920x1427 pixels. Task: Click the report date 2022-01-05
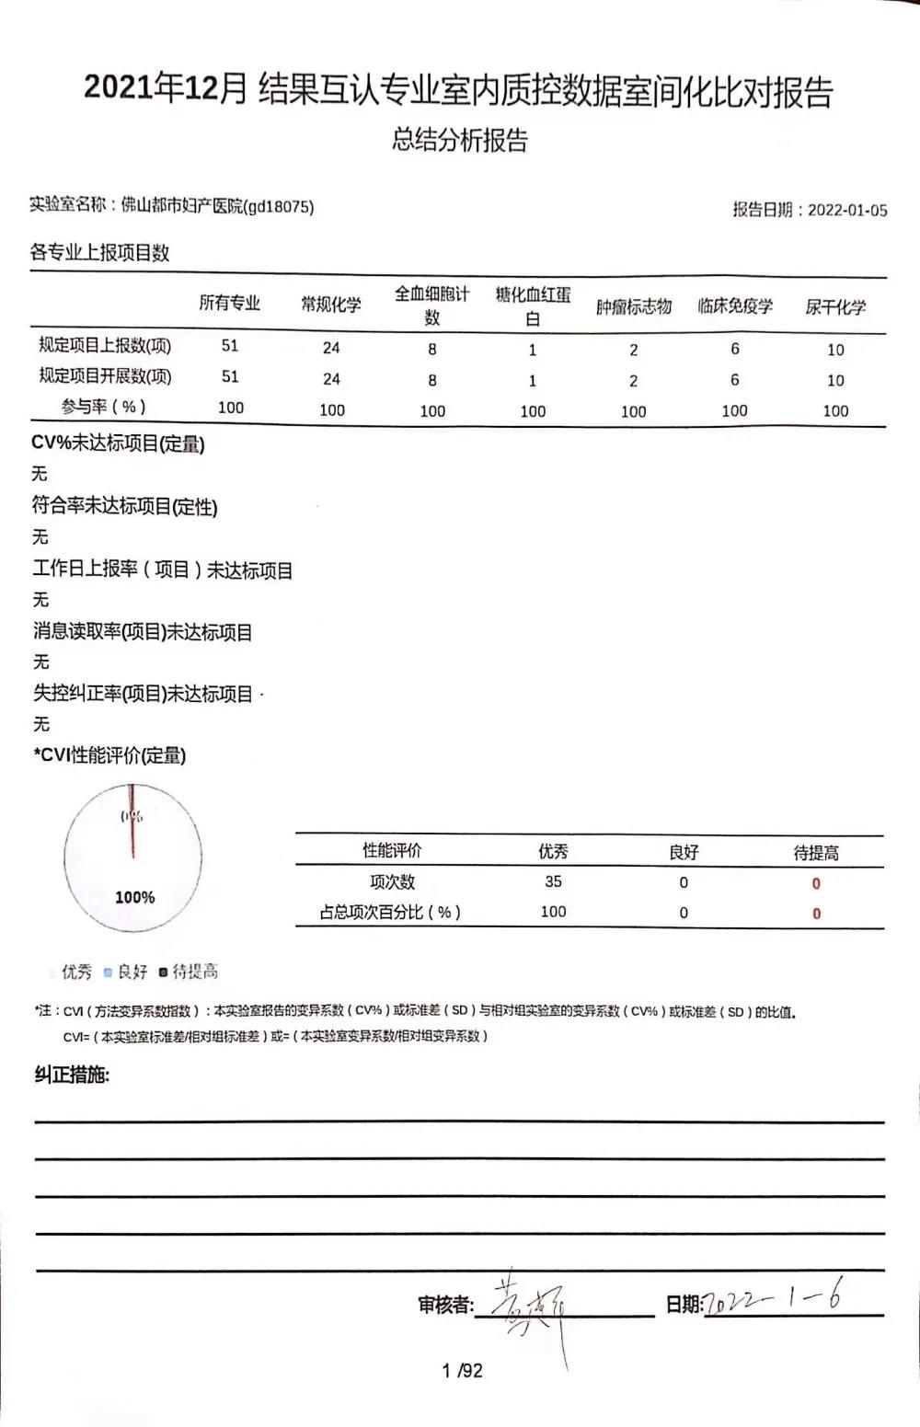coord(847,210)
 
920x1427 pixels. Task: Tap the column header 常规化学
coord(331,305)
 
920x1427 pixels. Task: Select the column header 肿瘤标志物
coord(634,306)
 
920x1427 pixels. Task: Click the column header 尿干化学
coord(835,306)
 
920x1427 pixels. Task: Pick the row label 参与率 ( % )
coord(104,407)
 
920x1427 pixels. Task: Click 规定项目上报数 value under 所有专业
coord(230,346)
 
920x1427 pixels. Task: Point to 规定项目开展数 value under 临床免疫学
coord(734,379)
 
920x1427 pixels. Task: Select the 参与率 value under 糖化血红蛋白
coord(533,411)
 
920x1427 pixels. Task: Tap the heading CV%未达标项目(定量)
coord(118,443)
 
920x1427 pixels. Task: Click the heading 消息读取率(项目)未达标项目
coord(143,632)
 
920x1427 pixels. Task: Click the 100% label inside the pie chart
coord(134,897)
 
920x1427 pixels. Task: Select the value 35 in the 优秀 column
coord(553,881)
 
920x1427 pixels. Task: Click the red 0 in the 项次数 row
coord(816,883)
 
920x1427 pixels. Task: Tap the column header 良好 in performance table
coord(684,852)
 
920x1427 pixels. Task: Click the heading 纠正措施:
coord(72,1075)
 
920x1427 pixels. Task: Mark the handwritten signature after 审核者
coord(534,1306)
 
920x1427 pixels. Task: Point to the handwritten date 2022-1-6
coord(773,1299)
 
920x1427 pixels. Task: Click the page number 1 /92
coord(462,1371)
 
